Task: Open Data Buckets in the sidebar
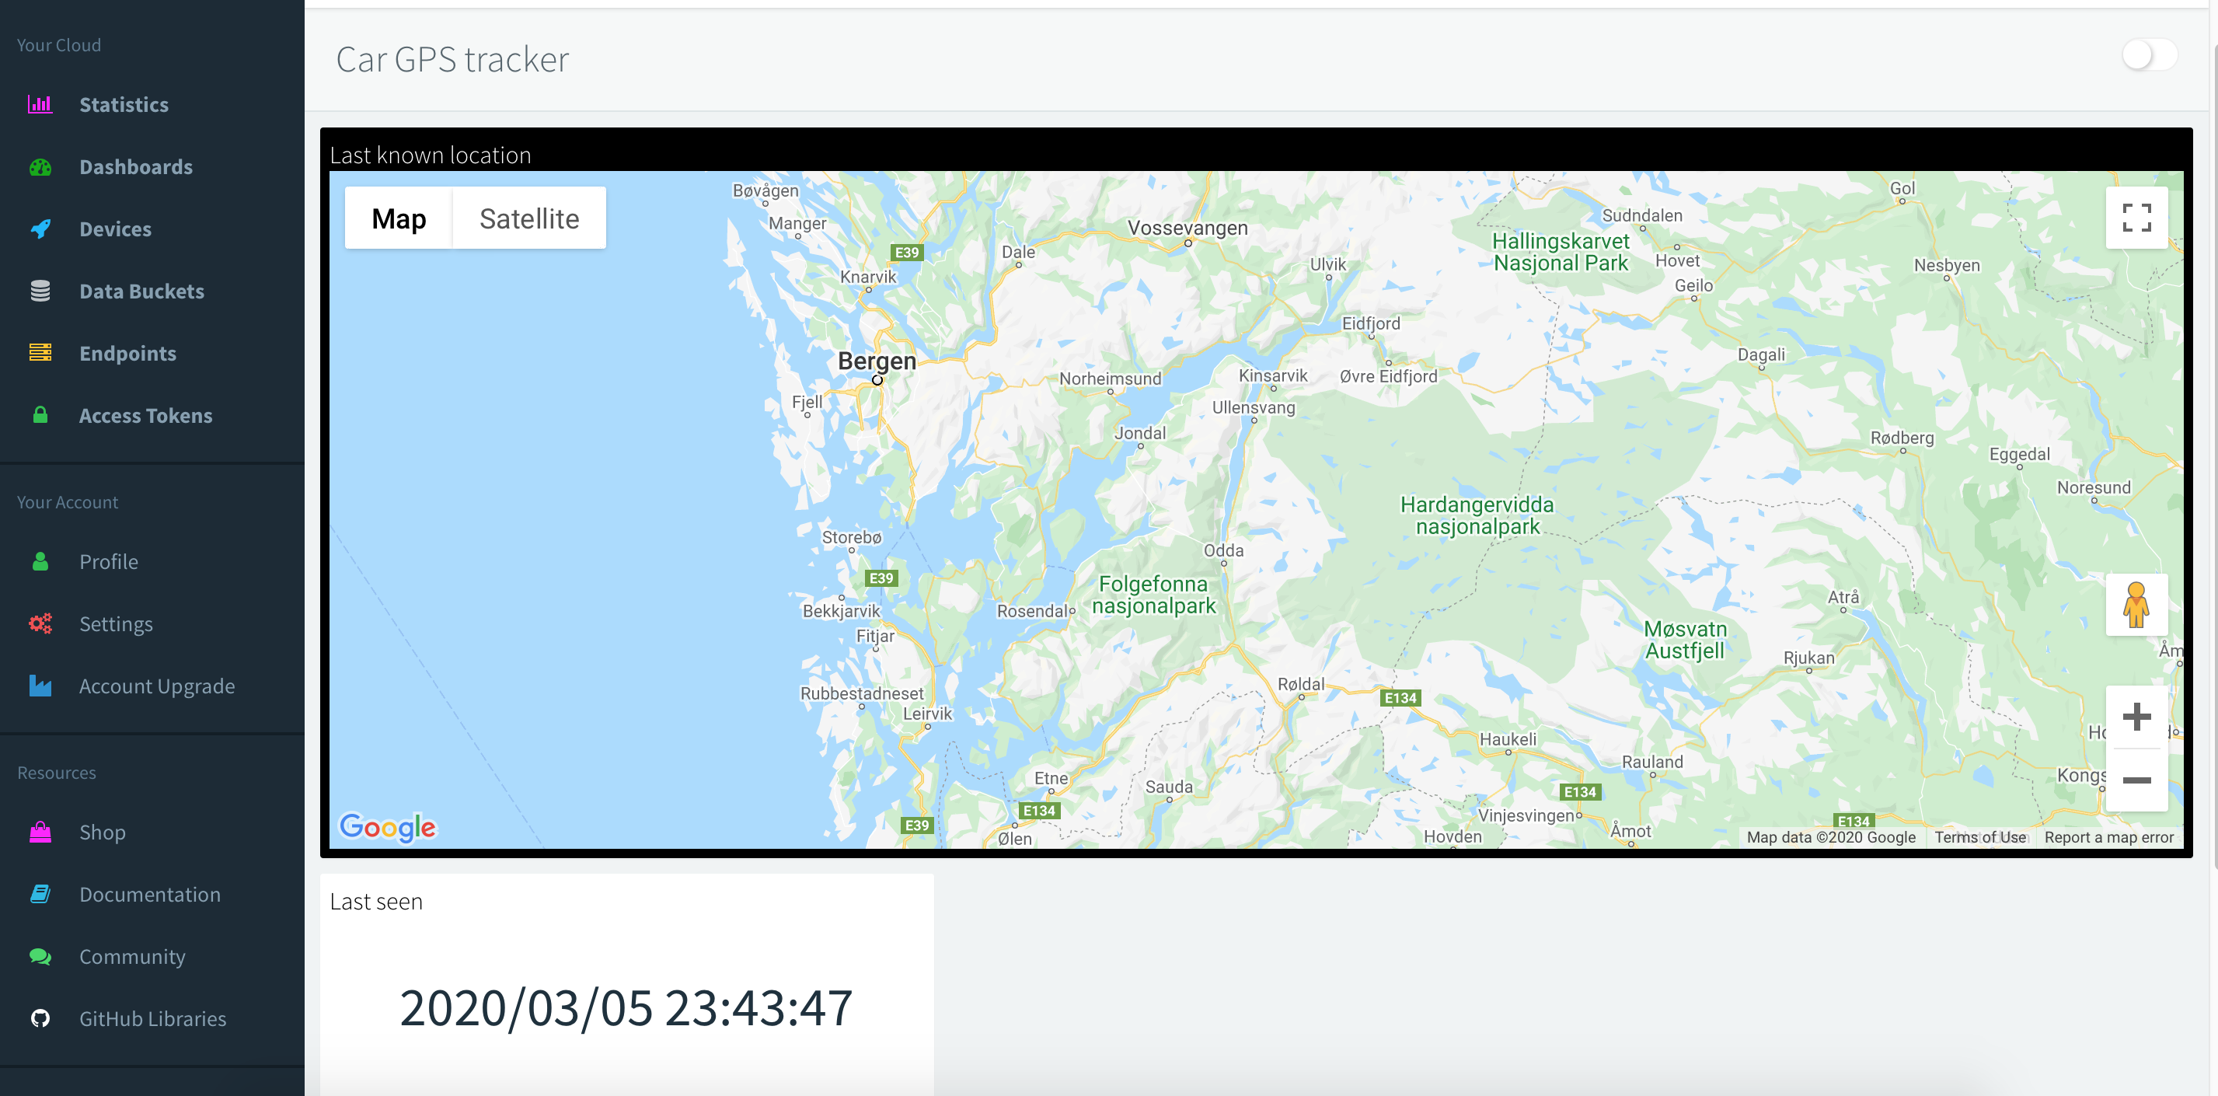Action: (x=141, y=291)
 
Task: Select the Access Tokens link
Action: (x=145, y=416)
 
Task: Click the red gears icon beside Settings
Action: (x=40, y=623)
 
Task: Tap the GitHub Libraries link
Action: (x=152, y=1018)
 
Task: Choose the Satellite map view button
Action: (x=528, y=218)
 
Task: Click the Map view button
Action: (x=399, y=218)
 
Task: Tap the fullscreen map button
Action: (x=2136, y=218)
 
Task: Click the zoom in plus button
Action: (x=2136, y=717)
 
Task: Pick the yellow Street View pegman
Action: (x=2136, y=605)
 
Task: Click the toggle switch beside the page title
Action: (x=2149, y=56)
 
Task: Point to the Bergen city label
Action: (x=877, y=361)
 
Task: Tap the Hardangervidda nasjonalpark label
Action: (x=1477, y=515)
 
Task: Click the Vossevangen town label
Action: (x=1187, y=229)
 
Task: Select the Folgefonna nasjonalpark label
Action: (x=1154, y=595)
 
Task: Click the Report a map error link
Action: (x=2108, y=837)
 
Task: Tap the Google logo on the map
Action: (x=388, y=826)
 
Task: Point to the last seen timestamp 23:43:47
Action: (x=626, y=1008)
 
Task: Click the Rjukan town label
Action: (x=1809, y=658)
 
